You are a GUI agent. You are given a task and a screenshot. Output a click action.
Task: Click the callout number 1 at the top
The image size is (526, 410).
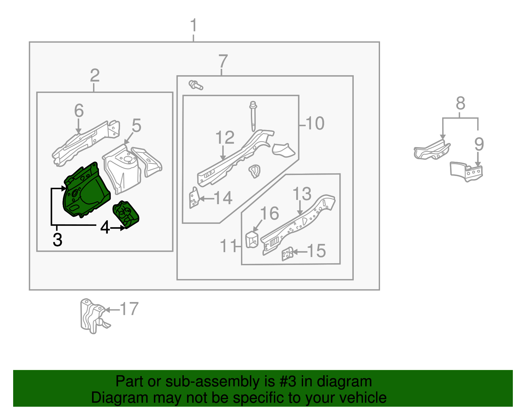[x=194, y=26]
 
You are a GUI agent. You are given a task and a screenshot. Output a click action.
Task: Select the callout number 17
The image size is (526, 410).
[x=129, y=309]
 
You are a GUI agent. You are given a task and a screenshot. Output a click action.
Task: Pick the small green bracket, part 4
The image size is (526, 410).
[x=126, y=214]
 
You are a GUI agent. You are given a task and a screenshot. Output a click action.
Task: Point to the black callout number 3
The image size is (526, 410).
[x=58, y=240]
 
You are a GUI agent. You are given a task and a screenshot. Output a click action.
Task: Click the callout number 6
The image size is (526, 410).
[x=79, y=111]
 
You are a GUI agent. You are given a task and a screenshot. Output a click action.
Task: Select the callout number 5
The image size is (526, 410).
[x=136, y=126]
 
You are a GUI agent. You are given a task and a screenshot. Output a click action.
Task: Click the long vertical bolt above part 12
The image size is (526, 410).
[x=253, y=117]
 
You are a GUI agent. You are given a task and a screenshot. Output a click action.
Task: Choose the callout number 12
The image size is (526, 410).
[x=225, y=138]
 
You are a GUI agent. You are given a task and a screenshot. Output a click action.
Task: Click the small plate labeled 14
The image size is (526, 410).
[x=194, y=198]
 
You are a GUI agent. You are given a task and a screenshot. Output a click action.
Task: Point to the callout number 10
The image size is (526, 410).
[x=315, y=123]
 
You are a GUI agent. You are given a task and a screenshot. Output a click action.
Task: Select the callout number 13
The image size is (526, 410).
[x=302, y=194]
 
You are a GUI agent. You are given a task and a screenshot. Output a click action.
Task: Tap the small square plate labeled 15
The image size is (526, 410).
[x=287, y=253]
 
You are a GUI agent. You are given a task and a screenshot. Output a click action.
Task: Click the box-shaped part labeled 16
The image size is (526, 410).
[x=252, y=239]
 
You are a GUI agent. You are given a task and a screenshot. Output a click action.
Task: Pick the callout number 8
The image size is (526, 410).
[x=460, y=104]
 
